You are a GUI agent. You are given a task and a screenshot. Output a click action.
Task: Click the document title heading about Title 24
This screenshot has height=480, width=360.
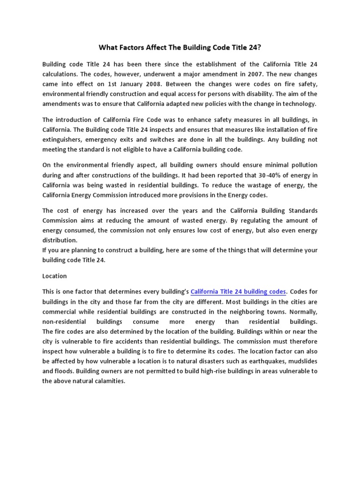point(180,47)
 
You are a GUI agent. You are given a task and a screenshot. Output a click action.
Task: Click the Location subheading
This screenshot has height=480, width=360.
point(54,276)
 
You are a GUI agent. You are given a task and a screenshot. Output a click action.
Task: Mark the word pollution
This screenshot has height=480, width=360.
point(300,165)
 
